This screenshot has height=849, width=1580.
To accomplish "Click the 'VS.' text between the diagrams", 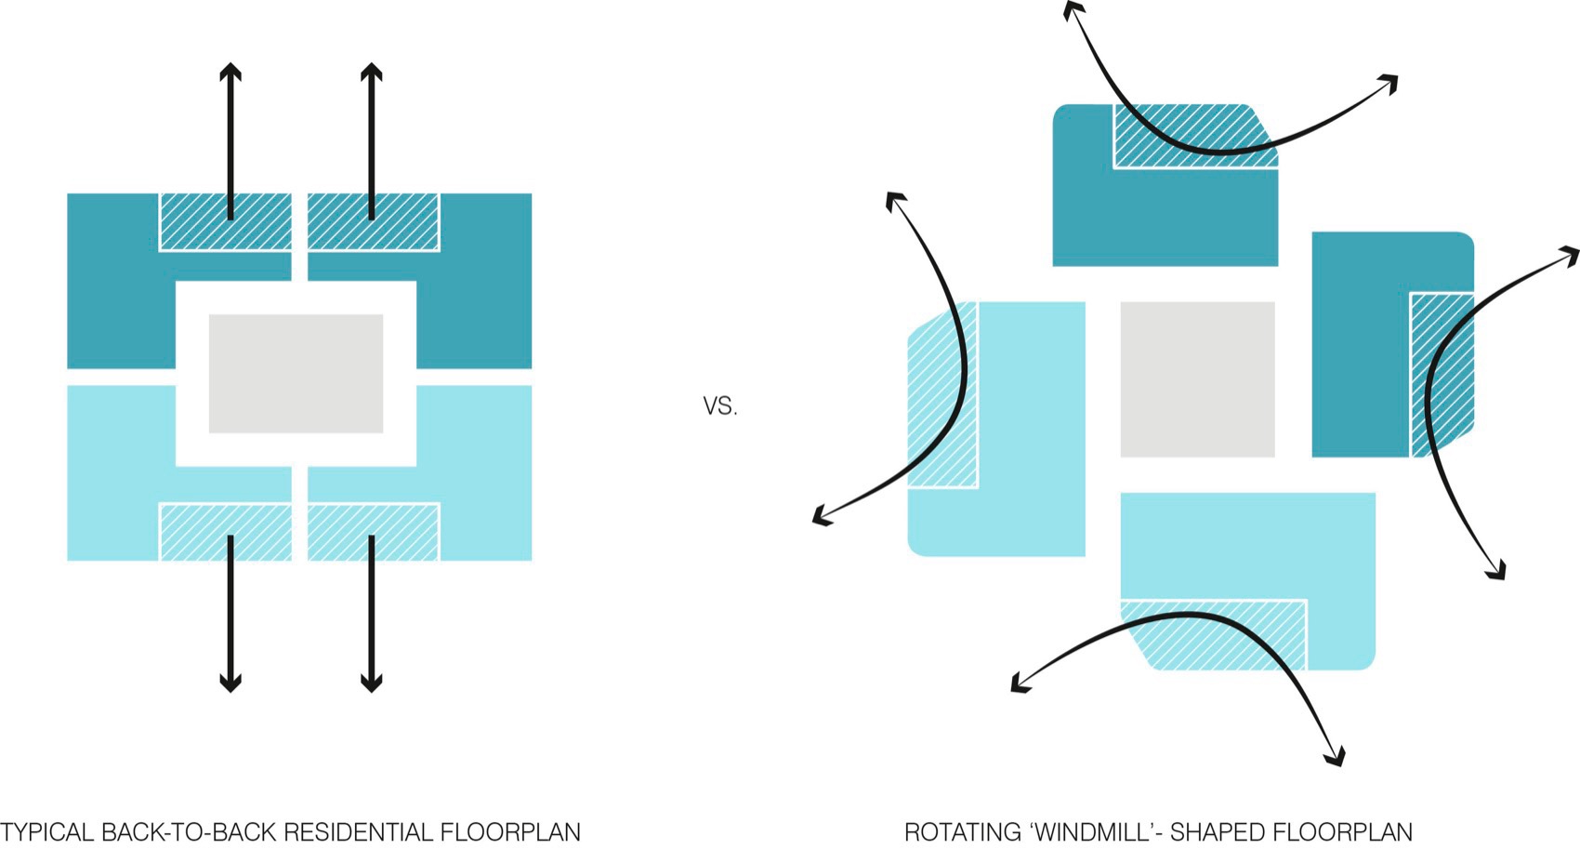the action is pos(720,406).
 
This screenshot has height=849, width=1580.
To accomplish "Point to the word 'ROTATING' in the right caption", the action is pos(964,832).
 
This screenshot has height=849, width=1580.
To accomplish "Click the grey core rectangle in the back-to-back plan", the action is pos(296,373).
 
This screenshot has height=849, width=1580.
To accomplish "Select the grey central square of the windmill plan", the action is pos(1198,379).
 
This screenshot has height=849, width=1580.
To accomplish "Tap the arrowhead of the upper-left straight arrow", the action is pos(230,72).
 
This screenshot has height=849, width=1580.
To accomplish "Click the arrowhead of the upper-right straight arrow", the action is pos(372,72).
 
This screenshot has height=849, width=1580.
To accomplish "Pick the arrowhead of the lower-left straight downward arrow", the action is pos(230,683).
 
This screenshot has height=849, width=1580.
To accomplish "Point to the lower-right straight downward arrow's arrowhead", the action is pos(372,683).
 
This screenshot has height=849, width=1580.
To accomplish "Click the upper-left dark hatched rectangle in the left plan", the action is pos(226,221).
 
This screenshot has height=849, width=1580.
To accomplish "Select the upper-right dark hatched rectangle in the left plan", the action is pos(374,221).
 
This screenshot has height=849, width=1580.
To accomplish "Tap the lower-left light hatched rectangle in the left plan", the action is pos(226,532).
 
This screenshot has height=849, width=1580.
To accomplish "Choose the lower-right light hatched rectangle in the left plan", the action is pos(374,532).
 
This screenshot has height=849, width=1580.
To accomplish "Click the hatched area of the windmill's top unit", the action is pos(1195,136).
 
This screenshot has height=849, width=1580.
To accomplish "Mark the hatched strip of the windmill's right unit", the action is pos(1442,374).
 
